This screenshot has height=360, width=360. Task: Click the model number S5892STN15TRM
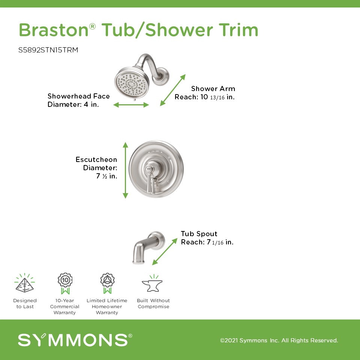coord(48,50)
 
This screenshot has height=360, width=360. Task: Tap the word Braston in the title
coord(54,30)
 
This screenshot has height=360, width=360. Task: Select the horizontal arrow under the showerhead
coord(131,105)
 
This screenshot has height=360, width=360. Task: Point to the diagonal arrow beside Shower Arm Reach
coord(172,90)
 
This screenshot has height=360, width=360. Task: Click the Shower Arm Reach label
coord(205,93)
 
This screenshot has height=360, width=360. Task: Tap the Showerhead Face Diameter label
coord(78,100)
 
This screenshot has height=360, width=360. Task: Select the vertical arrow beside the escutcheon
coord(125,170)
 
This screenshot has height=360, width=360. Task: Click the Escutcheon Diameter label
coord(96,168)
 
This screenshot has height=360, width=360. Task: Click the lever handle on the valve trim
coord(150,178)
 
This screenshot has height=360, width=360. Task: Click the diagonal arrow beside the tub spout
coord(165,252)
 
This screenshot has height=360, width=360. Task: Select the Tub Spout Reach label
coord(207,238)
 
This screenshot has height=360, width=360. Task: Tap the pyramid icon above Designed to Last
coord(25,283)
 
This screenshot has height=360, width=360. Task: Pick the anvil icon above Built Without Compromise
coord(153,283)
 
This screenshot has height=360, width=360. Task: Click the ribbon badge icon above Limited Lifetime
coord(107,283)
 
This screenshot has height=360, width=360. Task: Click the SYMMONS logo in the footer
coord(75,340)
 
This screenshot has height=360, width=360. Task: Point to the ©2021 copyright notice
coord(279,340)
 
